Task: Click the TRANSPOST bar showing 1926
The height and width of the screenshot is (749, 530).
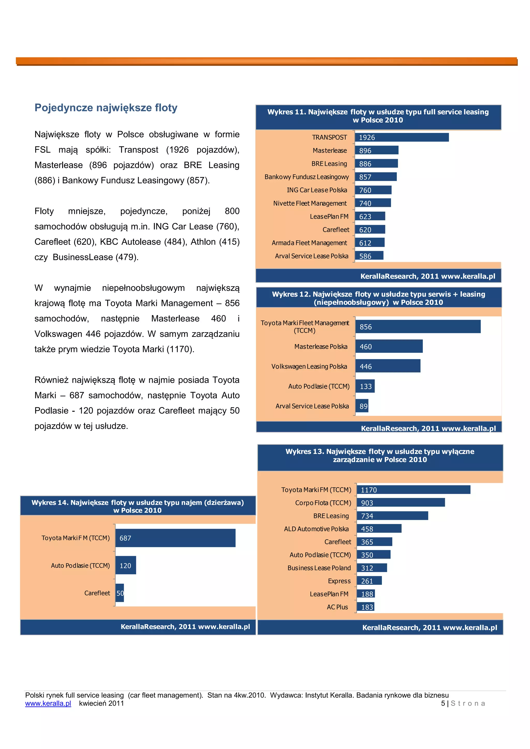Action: pos(401,137)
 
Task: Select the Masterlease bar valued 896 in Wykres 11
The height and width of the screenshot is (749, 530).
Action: pos(376,150)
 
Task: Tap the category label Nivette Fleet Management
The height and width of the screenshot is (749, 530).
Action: pos(310,203)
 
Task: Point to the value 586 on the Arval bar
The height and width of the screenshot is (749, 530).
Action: pos(365,256)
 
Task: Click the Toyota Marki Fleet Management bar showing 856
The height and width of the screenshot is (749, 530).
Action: pos(418,327)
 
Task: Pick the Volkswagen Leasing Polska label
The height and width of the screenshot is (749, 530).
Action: pos(309,366)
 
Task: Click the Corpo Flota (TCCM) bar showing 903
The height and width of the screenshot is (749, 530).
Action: pos(400,502)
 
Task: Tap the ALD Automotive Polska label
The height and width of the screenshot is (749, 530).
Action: pos(316,529)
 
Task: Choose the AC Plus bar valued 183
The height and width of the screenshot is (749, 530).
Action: pos(365,607)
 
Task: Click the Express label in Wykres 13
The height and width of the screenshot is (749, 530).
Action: pos(339,581)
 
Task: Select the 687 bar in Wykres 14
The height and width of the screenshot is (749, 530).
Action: pos(175,538)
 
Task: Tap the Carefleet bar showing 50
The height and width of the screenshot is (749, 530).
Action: pos(120,593)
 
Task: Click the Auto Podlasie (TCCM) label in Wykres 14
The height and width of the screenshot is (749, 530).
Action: pos(80,566)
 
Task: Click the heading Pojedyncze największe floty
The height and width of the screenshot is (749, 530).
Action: pos(106,108)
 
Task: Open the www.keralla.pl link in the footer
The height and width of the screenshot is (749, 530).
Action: pos(48,703)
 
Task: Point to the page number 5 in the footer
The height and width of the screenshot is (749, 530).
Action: pos(443,703)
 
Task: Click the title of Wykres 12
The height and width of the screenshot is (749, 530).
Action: pos(379,298)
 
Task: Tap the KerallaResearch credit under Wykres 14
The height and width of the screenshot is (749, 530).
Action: pos(185,626)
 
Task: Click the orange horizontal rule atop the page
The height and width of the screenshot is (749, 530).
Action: pos(266,61)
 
